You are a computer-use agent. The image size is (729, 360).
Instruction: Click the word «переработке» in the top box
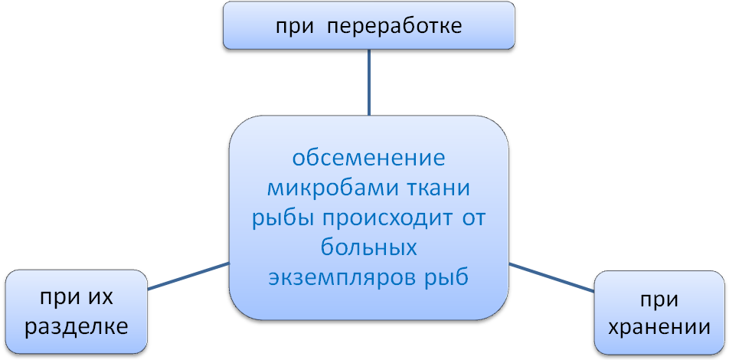(394, 27)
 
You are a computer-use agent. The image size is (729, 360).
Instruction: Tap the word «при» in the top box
(295, 27)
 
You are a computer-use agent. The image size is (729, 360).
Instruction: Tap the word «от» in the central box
(473, 218)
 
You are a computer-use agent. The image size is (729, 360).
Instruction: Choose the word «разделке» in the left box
(76, 327)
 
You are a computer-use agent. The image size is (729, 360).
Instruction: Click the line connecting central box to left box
(188, 276)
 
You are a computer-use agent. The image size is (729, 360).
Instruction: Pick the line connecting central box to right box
(551, 278)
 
